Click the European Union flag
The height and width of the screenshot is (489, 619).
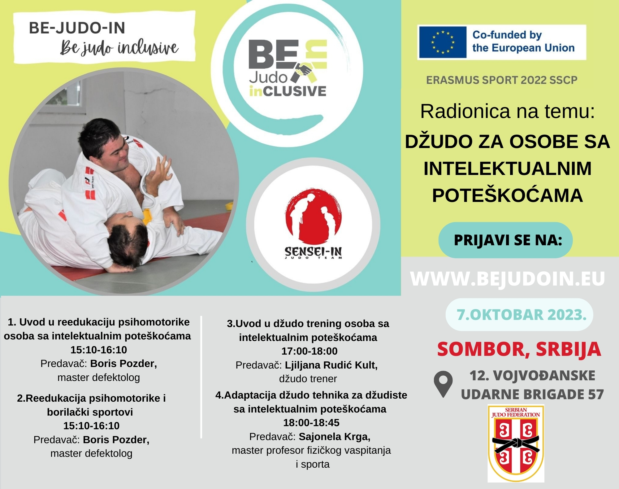[x=442, y=42]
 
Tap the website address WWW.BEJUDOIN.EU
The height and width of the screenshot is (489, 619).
[x=508, y=279]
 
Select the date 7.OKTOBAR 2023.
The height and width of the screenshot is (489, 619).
[x=522, y=315]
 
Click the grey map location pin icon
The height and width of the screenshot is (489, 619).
[x=443, y=384]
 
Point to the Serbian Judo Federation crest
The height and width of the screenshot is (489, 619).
[x=516, y=443]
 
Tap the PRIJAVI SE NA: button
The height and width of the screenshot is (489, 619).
[x=508, y=240]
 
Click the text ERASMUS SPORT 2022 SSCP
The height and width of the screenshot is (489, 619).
[x=502, y=80]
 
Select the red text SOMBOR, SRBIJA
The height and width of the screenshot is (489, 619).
[x=519, y=349]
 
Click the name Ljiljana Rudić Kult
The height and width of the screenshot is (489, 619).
[x=331, y=365]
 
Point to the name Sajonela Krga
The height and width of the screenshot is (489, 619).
[x=335, y=437]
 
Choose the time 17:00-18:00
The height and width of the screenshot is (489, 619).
[x=309, y=351]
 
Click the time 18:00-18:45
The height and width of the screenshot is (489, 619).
[x=311, y=423]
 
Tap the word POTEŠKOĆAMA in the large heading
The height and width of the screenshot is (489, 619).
[x=508, y=195]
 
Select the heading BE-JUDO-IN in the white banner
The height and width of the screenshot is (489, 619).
[x=77, y=28]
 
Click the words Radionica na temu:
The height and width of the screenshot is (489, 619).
[x=508, y=111]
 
